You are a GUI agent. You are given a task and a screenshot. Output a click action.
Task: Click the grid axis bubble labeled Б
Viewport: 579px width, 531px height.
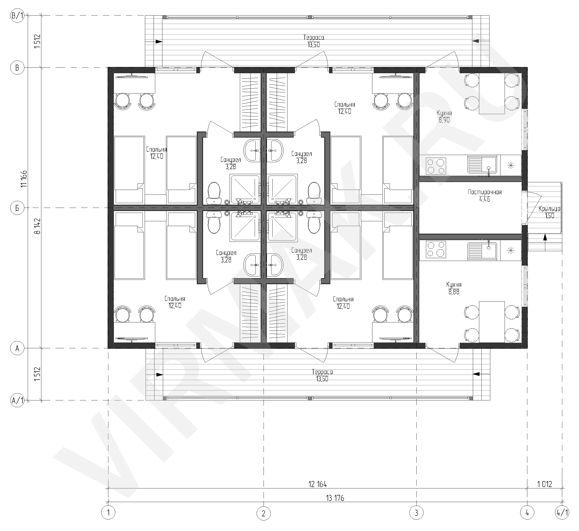(x=17, y=208)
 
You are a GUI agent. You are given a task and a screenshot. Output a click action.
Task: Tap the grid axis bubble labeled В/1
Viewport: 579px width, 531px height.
(x=17, y=16)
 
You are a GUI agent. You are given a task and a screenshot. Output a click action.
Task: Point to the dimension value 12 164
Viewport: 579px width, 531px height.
(x=318, y=484)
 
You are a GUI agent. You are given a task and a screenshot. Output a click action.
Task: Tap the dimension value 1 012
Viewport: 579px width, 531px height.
(x=545, y=484)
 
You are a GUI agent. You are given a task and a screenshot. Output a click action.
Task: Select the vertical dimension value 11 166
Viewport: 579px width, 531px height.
(x=24, y=179)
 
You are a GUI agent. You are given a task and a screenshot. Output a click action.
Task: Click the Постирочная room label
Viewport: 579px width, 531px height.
(x=485, y=192)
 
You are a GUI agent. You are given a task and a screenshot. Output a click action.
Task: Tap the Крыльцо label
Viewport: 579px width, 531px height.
(x=549, y=209)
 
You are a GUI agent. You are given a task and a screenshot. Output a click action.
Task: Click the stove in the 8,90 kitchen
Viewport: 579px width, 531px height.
(x=436, y=166)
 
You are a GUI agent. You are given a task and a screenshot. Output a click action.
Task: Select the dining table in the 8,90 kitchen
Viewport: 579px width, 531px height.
(x=492, y=93)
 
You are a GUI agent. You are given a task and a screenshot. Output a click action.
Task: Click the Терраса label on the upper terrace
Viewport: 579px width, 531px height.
(x=314, y=37)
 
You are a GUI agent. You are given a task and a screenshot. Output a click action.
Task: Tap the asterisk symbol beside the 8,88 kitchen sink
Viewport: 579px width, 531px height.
(x=511, y=251)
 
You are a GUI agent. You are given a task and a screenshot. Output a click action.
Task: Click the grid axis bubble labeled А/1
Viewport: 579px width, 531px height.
(x=17, y=400)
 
